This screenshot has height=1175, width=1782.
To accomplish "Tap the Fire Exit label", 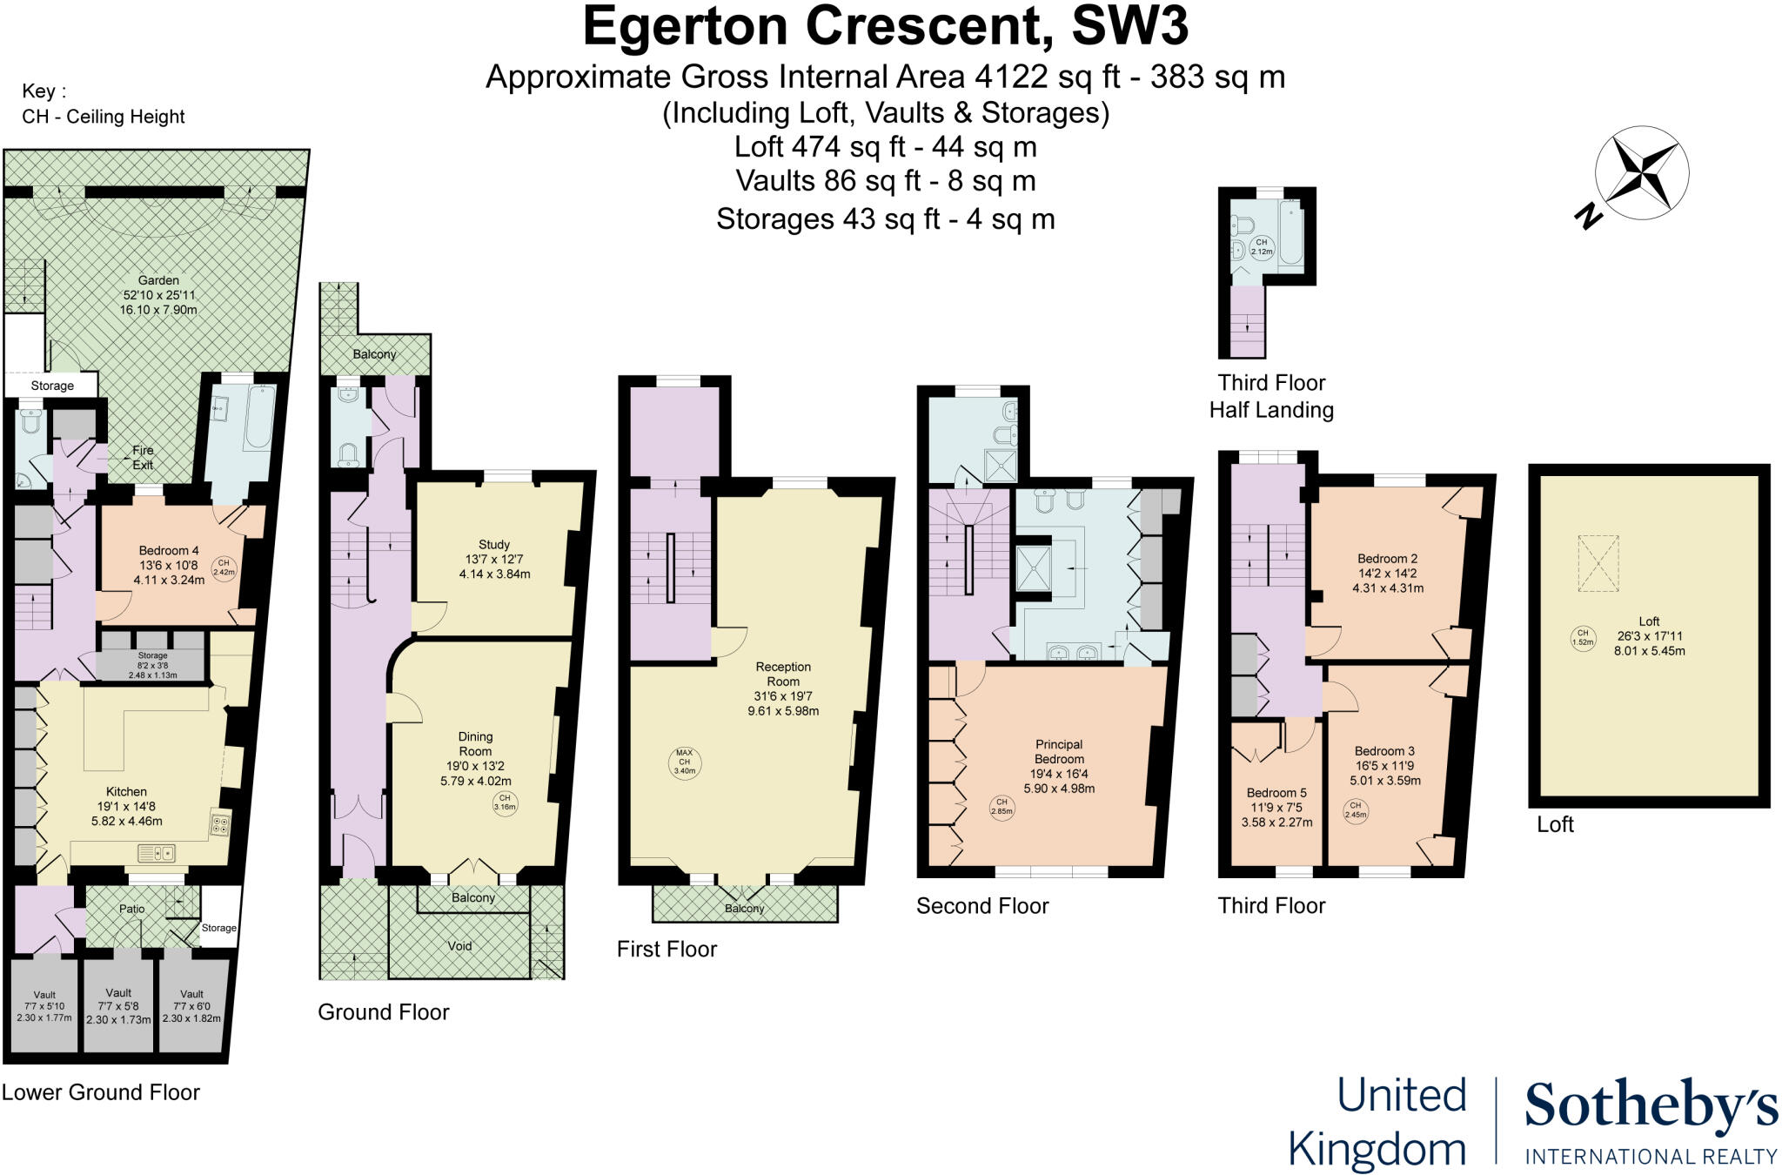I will (143, 457).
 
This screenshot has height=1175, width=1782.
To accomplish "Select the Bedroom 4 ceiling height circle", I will (224, 568).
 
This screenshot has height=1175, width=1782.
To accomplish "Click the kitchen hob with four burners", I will (220, 823).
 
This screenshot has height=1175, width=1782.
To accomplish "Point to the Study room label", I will (494, 559).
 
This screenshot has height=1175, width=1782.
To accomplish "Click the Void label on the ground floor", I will (459, 946).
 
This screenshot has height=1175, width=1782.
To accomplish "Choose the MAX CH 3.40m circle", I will (684, 762).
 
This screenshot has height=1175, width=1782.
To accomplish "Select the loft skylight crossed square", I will (1598, 564).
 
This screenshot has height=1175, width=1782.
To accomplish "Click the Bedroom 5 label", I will (1276, 807).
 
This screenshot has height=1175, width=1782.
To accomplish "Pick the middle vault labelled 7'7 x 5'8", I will (118, 1006).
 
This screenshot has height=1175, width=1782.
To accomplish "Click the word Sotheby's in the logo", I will (1651, 1107).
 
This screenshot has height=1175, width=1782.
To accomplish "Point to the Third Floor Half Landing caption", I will (1271, 396).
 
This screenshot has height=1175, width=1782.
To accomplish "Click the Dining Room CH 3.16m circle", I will (505, 802).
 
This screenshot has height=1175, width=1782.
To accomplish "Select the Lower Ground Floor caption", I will (101, 1092).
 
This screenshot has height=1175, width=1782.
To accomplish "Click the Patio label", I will (132, 909).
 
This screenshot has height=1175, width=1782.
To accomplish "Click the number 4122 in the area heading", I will (1011, 77).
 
